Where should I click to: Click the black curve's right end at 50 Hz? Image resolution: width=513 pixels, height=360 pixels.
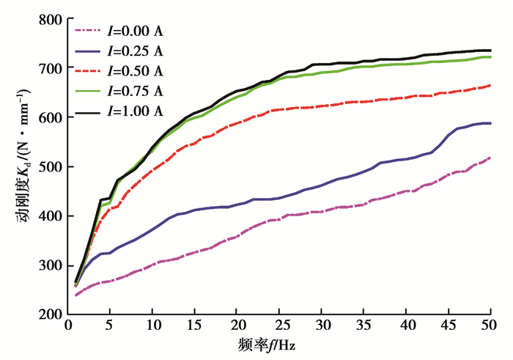pos(490,51)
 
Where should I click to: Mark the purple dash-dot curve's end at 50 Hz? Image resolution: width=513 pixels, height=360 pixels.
pos(490,158)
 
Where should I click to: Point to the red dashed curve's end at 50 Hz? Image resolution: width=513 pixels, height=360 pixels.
pos(490,85)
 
